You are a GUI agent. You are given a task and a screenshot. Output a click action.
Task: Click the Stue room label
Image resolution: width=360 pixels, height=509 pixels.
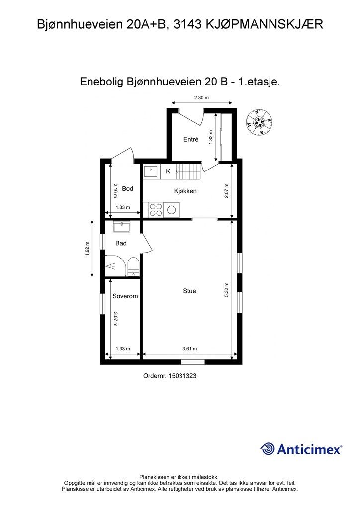189,291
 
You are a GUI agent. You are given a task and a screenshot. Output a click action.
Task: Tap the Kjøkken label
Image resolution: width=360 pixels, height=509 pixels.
185,191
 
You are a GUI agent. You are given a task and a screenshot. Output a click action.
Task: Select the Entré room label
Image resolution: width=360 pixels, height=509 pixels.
191,139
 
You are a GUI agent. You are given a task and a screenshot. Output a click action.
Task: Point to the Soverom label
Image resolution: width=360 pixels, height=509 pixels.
125,296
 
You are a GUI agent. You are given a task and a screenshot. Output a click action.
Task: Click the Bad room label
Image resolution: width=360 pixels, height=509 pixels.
121,243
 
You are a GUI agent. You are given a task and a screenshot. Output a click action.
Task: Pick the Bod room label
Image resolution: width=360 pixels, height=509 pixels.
128,188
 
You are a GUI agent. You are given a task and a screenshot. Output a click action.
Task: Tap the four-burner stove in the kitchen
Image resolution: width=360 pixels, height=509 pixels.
156,210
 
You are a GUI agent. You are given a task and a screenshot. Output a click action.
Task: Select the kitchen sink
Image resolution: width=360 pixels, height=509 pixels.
152,171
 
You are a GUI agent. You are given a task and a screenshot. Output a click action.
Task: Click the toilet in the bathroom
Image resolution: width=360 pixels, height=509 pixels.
133,267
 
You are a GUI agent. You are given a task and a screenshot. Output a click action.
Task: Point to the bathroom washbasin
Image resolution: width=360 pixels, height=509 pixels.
122,226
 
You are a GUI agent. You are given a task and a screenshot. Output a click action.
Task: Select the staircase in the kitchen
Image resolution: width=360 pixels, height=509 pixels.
188,171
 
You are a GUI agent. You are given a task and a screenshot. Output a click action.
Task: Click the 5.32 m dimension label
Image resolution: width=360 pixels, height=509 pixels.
227,290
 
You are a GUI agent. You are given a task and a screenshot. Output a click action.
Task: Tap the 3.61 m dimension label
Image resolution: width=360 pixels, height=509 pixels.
190,349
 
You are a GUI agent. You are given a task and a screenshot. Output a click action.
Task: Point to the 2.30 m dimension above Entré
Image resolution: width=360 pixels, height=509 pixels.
201,98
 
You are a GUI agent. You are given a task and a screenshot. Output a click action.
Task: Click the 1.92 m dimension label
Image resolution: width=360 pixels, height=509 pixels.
87,249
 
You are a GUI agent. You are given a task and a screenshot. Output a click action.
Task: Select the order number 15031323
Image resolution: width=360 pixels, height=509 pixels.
170,376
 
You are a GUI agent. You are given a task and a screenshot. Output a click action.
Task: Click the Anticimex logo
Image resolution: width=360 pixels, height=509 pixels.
301,449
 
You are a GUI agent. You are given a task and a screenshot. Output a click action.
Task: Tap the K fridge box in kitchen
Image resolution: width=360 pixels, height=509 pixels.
168,171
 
